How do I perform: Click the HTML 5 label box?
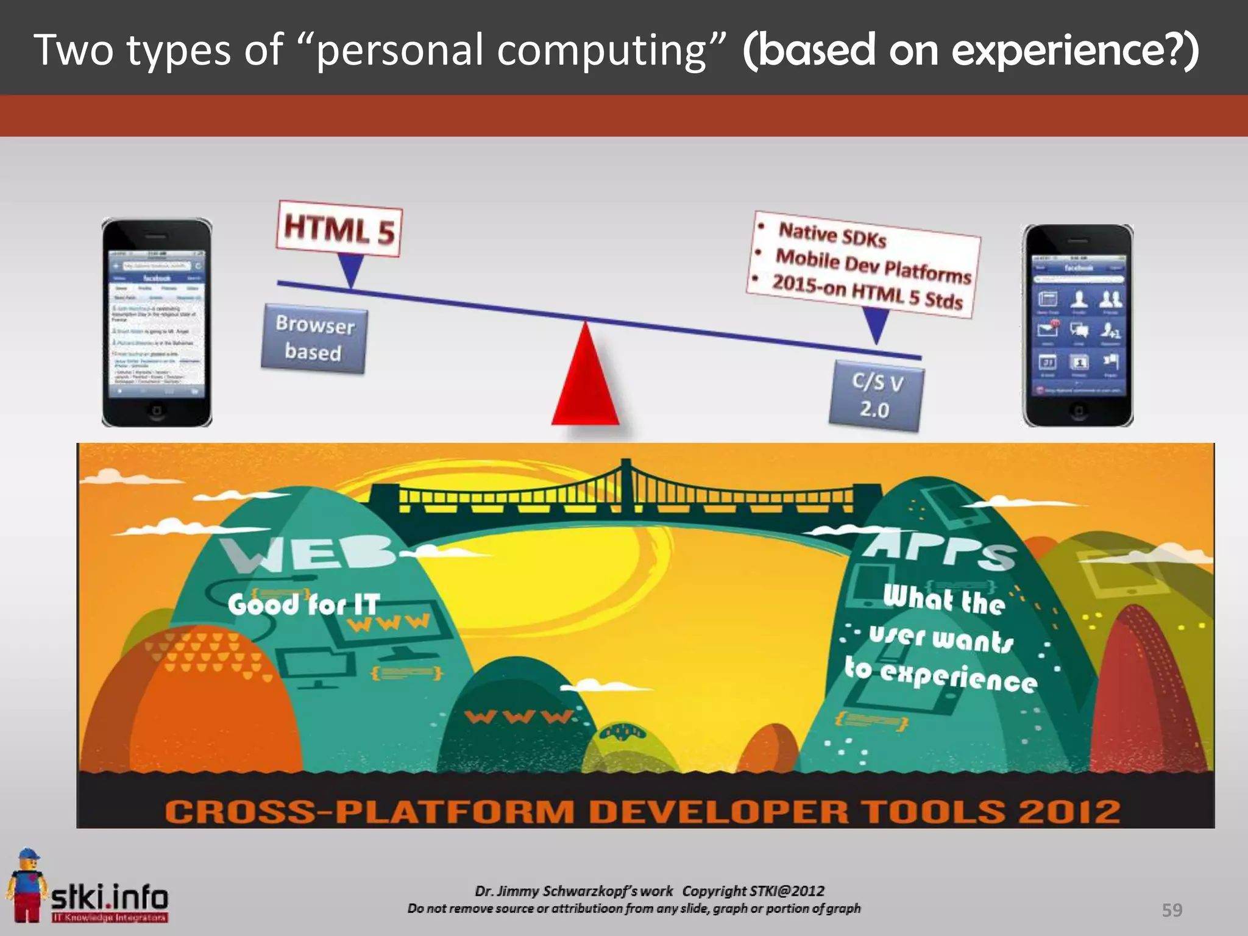339,229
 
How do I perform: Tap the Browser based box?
314,338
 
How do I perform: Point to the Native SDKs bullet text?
832,235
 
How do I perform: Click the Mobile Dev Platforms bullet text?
873,266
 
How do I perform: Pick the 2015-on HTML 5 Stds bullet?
867,292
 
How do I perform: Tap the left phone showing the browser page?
157,323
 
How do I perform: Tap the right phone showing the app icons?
1078,326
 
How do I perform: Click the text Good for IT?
303,604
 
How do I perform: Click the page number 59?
1172,910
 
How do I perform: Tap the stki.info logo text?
110,898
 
